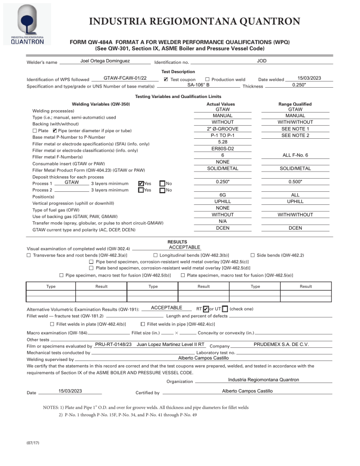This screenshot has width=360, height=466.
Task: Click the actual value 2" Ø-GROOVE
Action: coord(222,128)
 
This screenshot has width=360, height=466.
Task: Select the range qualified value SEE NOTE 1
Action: coord(295,128)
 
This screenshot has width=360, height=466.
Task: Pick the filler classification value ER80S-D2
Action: coord(222,149)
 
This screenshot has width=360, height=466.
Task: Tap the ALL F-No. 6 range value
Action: coord(295,155)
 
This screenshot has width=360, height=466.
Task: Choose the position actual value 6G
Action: coord(222,195)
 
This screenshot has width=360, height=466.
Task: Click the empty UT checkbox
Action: coord(251,308)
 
